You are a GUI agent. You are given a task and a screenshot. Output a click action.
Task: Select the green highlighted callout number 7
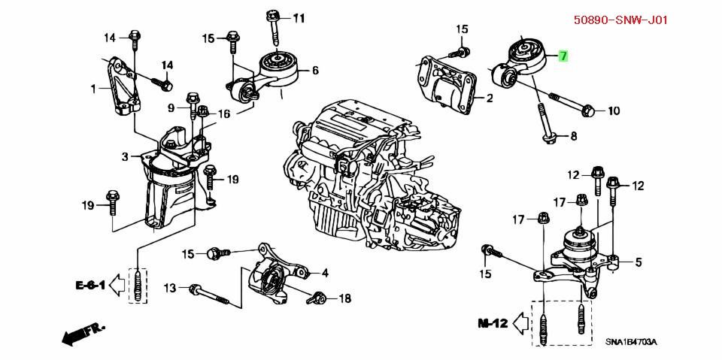(563, 56)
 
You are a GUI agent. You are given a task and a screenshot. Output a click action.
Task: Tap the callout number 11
(299, 17)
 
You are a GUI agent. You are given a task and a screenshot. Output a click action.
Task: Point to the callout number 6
(314, 71)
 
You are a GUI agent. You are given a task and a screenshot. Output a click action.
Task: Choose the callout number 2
(489, 98)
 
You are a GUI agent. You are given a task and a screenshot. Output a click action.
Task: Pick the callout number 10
(613, 111)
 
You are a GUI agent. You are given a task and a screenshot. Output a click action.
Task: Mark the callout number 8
(573, 136)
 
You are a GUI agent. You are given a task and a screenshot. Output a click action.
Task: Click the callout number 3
(126, 156)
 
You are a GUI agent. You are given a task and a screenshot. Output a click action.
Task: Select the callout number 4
(325, 273)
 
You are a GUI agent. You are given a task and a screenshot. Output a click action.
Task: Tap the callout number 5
(638, 262)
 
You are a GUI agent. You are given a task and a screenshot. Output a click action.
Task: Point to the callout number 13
(171, 288)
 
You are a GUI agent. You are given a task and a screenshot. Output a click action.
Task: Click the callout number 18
(344, 298)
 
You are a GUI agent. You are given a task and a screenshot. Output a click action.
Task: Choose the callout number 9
(171, 107)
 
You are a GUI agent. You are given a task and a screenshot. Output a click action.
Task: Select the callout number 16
(224, 114)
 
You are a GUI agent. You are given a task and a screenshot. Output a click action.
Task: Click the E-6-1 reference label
(89, 286)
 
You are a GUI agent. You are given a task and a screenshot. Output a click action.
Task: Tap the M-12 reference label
(493, 324)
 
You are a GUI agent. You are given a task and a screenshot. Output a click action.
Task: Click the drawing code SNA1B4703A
(630, 343)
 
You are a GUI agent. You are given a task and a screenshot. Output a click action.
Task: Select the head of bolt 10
(589, 111)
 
